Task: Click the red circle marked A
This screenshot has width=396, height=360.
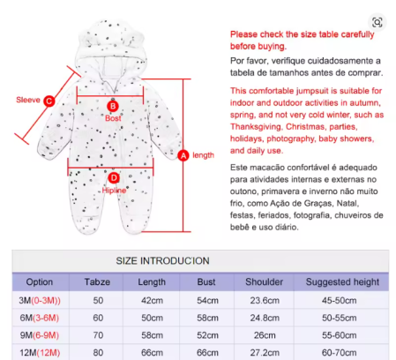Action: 183,155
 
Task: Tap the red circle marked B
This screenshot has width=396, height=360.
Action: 113,106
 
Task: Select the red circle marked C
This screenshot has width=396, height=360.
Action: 49,101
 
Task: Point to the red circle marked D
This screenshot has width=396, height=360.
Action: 114,178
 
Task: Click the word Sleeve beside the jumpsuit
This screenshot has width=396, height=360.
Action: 28,100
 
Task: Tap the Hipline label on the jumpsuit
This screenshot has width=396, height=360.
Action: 114,191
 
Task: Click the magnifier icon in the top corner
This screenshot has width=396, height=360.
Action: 377,22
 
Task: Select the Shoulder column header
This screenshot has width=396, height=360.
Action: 264,281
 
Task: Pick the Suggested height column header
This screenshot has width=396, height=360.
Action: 342,281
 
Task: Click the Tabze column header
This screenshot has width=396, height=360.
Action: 97,281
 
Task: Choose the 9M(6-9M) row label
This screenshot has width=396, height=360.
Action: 40,335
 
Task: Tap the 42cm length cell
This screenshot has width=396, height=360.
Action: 152,301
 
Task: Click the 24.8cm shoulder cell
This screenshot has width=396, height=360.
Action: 265,318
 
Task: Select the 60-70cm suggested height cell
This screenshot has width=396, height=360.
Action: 339,352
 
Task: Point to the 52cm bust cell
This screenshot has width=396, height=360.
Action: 207,335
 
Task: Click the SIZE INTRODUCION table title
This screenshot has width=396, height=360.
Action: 162,261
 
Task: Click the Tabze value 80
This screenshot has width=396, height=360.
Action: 98,352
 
